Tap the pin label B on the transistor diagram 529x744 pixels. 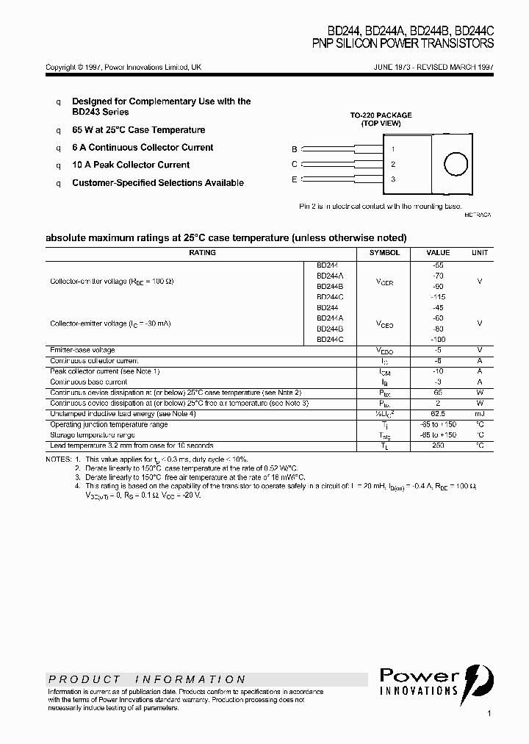pos(295,149)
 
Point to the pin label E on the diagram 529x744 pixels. pos(295,179)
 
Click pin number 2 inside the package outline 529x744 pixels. pos(393,165)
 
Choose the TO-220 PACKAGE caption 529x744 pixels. pos(381,115)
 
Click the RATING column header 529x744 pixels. pos(202,253)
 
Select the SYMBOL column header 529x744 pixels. pos(384,253)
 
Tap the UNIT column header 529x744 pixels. pos(479,253)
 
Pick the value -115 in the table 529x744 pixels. pos(438,297)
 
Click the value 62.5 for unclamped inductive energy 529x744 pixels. pos(438,414)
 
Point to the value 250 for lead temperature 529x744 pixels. pos(438,446)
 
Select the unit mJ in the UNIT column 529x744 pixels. pos(479,414)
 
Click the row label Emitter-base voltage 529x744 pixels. pos(82,350)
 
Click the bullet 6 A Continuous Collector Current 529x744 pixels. pos(143,148)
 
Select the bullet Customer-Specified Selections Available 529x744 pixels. pos(157,183)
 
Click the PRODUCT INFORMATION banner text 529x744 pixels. pos(147,679)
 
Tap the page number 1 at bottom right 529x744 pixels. pos(489,713)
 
